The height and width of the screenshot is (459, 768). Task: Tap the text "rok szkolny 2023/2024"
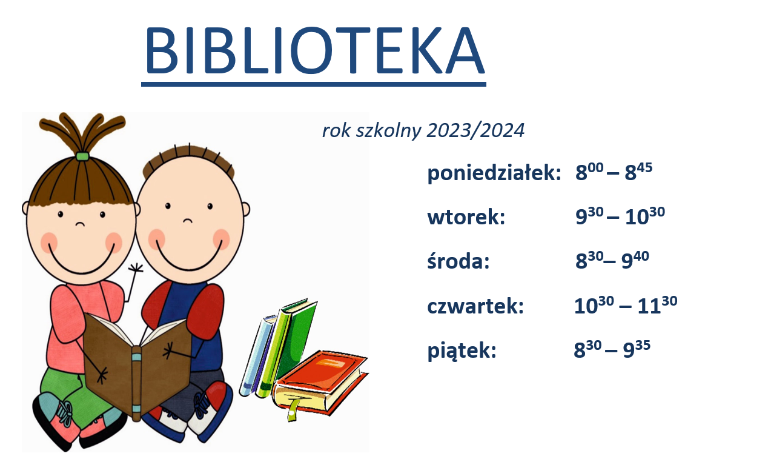pyautogui.click(x=423, y=130)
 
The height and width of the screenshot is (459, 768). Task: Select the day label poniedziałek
pyautogui.click(x=494, y=172)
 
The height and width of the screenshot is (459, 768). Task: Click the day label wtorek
pyautogui.click(x=466, y=217)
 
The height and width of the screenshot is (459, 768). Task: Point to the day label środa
pyautogui.click(x=458, y=261)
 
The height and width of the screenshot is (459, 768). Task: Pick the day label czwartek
pyautogui.click(x=475, y=306)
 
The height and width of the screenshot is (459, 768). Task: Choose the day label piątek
pyautogui.click(x=462, y=351)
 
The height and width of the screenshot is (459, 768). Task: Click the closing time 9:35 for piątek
pyautogui.click(x=637, y=349)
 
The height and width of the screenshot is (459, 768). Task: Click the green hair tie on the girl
pyautogui.click(x=82, y=156)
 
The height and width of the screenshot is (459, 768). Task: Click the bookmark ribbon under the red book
pyautogui.click(x=292, y=410)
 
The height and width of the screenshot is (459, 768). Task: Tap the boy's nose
pyautogui.click(x=188, y=220)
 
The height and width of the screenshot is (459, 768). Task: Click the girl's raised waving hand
pyautogui.click(x=136, y=269)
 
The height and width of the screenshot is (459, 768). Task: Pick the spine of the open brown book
pyautogui.click(x=136, y=383)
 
